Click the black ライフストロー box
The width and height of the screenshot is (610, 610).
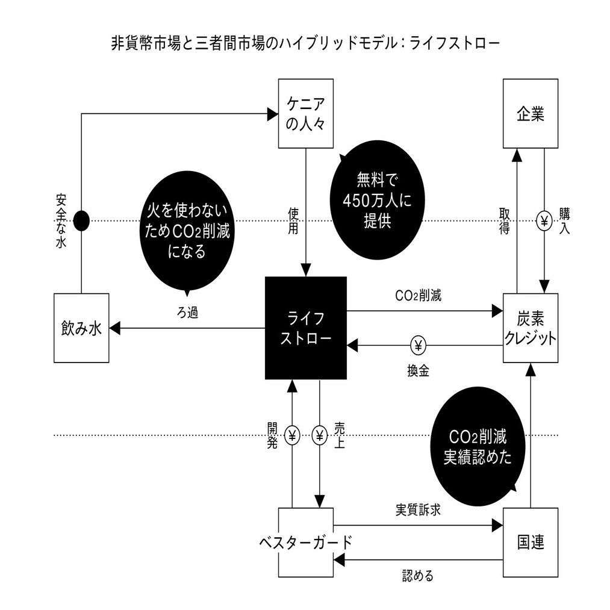tap(306, 328)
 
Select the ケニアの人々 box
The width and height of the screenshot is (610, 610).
tap(306, 114)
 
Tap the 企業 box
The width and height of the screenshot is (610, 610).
tap(531, 114)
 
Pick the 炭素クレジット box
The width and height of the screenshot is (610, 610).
tap(531, 328)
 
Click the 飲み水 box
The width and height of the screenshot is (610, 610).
tap(81, 328)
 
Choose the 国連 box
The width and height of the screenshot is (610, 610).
tap(531, 542)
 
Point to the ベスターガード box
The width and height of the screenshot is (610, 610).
tap(306, 542)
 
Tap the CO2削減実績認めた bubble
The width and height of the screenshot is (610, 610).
tap(478, 446)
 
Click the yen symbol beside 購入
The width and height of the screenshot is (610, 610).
tap(544, 221)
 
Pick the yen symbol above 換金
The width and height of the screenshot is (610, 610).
tap(419, 345)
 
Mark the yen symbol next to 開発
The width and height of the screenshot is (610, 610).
tap(292, 435)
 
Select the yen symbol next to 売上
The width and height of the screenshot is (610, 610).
tap(319, 435)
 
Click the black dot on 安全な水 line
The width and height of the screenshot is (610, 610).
tap(81, 221)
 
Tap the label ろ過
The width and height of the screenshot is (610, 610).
tap(187, 313)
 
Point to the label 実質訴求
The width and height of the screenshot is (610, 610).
tap(419, 510)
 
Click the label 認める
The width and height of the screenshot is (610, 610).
tap(418, 575)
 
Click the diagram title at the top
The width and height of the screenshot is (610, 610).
tap(305, 44)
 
